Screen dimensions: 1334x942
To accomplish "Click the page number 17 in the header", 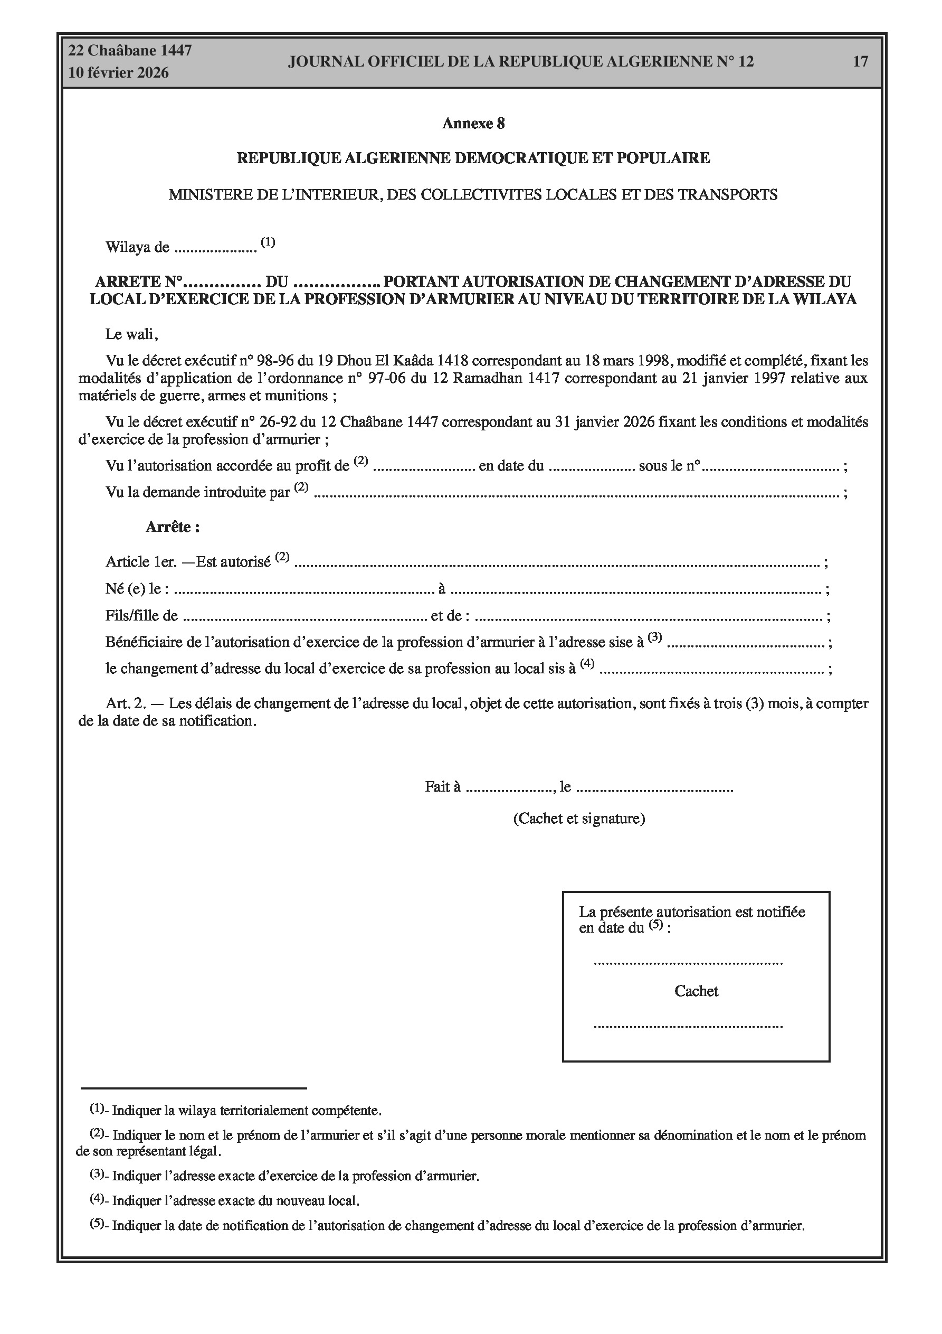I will coord(860,62).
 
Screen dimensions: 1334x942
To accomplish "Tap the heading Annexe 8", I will coord(473,123).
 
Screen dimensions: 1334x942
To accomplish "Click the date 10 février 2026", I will coord(119,73).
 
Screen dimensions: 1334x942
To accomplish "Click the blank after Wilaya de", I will coord(215,249).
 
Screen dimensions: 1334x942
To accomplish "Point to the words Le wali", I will coord(131,334).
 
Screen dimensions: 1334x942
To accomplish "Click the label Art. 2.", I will coord(126,703).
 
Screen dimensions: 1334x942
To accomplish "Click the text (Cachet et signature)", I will coord(578,819).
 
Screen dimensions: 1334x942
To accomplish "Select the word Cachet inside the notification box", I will coord(696,991).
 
